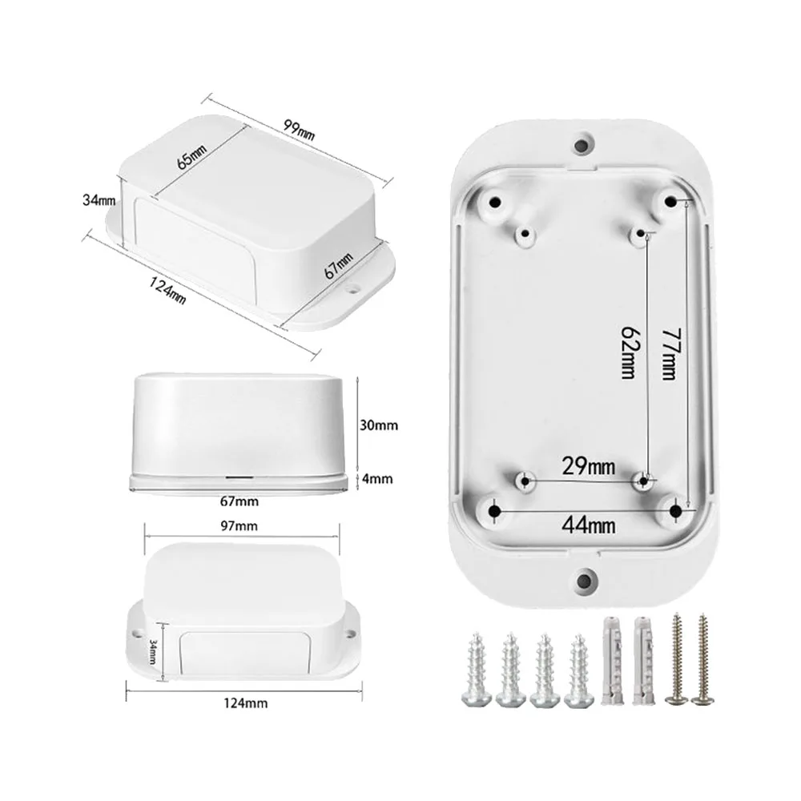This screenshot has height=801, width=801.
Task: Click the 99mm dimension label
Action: [300, 130]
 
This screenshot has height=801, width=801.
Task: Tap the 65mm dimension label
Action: [191, 156]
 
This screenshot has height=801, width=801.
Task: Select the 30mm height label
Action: [379, 425]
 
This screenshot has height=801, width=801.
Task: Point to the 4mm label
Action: [377, 479]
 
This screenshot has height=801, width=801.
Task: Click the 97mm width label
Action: [239, 525]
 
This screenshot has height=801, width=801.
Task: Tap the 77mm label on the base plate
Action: [670, 353]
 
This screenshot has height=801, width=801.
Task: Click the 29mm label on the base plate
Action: [589, 466]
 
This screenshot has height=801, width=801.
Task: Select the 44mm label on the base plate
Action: [589, 525]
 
